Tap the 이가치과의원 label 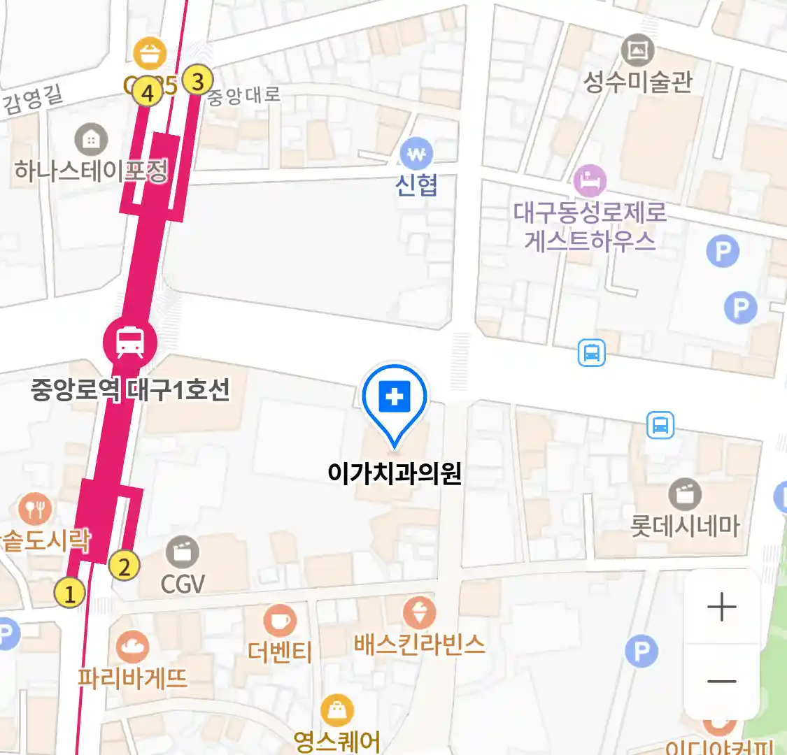[x=395, y=474]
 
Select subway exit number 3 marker [x=197, y=81]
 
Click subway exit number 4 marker [x=148, y=92]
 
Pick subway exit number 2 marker [x=125, y=566]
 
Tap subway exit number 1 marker [x=69, y=594]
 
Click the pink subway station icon [x=130, y=342]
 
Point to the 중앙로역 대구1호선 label [x=131, y=390]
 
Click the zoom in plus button [x=722, y=607]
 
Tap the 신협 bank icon [x=416, y=153]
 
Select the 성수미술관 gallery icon [x=637, y=50]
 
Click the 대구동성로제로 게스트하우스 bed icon [x=590, y=181]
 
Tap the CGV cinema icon [x=183, y=553]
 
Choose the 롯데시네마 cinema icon [x=685, y=494]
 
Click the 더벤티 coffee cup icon [x=280, y=620]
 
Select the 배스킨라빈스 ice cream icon [x=420, y=613]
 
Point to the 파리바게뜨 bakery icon [x=132, y=648]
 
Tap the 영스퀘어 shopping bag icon [x=337, y=711]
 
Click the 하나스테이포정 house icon [x=91, y=140]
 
